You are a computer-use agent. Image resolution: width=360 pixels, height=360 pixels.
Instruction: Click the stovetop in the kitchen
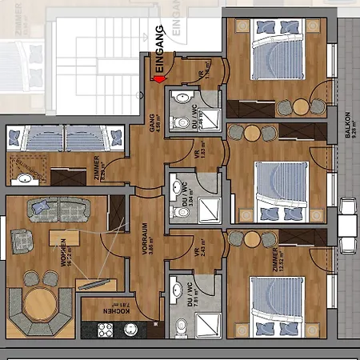click(x=106, y=329)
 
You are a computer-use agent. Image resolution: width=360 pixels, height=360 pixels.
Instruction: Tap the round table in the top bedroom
click(x=300, y=106)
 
